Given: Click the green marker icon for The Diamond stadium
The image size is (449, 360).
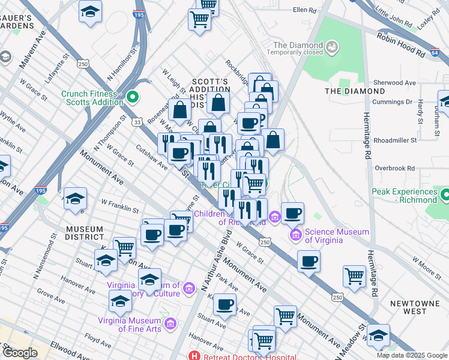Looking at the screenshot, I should [331, 46].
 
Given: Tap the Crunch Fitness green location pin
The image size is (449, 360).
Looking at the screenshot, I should [134, 95].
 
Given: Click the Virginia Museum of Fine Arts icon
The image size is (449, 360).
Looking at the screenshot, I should [170, 324].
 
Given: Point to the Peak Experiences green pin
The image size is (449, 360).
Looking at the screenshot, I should [444, 196].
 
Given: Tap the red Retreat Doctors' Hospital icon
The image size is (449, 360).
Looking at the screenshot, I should [194, 356].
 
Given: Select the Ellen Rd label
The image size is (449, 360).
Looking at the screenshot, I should [304, 10].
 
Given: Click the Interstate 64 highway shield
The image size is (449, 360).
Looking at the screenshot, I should [435, 53].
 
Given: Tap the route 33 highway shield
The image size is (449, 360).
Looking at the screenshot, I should [138, 122].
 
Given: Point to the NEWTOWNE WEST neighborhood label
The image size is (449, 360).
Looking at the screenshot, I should [415, 308].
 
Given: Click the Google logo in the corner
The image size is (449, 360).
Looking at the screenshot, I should [20, 353].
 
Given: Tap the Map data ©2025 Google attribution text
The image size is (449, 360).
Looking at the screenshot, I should [411, 355].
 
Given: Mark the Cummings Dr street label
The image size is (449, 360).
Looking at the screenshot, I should [393, 103].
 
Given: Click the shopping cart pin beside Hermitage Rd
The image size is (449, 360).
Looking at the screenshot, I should [354, 277].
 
